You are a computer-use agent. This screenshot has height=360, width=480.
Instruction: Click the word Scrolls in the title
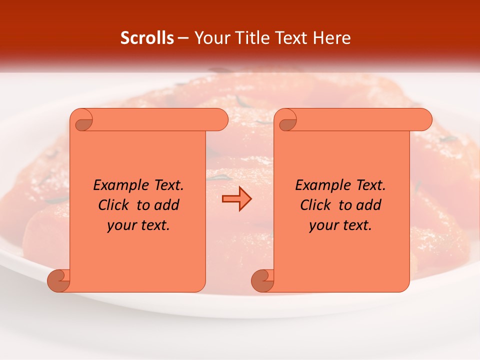pos(147,38)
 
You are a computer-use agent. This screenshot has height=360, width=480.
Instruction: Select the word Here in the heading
pos(332,38)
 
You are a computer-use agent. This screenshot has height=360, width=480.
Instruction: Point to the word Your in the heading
pos(212,38)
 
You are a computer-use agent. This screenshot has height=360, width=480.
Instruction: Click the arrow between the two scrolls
pos(236,199)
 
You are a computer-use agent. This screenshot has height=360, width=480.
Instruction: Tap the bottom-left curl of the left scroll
pos(58,280)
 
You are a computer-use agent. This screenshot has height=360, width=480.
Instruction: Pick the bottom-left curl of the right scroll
pos(262,280)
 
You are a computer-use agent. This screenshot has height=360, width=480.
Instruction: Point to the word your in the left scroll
pos(121,225)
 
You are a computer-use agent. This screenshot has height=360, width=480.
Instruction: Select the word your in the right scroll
pos(323,225)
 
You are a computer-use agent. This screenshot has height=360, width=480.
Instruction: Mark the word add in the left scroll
pos(167,205)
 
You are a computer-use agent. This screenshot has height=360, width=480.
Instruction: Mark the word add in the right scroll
pos(369,205)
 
